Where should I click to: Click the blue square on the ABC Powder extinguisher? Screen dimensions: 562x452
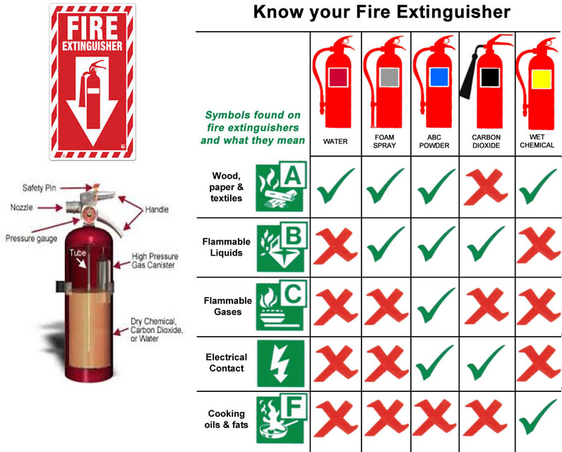click(x=439, y=77)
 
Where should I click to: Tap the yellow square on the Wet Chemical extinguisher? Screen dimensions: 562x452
click(x=542, y=79)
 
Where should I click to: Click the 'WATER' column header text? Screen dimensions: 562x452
click(x=335, y=141)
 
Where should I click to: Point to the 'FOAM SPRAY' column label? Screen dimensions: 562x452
click(x=385, y=141)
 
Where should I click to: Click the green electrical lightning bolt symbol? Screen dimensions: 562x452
click(x=280, y=364)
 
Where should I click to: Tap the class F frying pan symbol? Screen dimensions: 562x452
click(x=282, y=419)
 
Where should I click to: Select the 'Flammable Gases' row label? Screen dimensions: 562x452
click(x=228, y=306)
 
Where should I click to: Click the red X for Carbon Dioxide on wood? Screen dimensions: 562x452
click(x=486, y=186)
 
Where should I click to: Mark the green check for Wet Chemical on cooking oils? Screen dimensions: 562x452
click(x=537, y=417)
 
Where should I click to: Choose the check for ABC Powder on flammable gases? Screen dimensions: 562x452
click(x=436, y=305)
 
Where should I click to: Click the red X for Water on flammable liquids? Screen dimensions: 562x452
click(x=335, y=246)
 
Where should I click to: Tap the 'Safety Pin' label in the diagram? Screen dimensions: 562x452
click(x=39, y=188)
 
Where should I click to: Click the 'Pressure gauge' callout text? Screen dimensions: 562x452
click(x=31, y=239)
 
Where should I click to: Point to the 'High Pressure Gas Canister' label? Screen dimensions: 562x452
click(x=155, y=261)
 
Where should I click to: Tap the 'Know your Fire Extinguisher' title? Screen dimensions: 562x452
click(x=382, y=12)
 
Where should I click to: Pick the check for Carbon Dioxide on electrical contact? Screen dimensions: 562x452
click(x=486, y=362)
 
